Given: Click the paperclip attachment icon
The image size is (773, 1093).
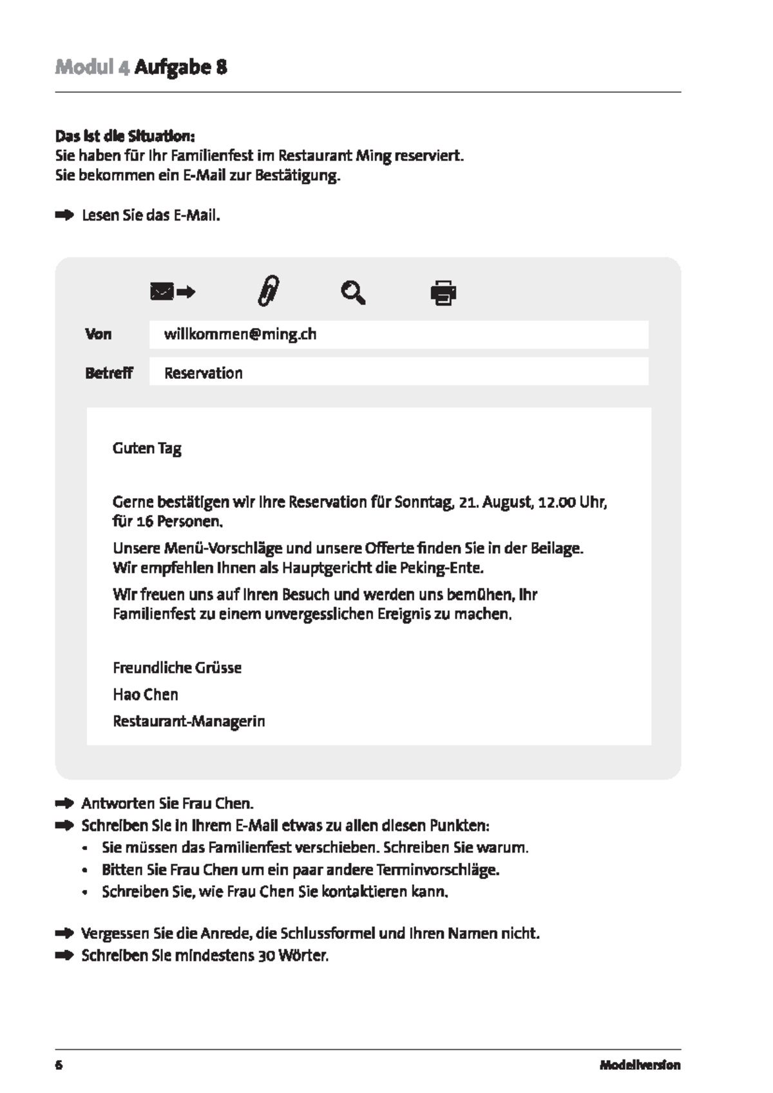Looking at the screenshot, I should [268, 291].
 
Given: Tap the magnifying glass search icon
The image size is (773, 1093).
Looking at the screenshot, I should [353, 293].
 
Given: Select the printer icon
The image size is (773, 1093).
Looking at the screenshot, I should [443, 293].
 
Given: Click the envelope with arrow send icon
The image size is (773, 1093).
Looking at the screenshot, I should [173, 293].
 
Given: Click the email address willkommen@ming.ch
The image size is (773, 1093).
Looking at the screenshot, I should [240, 334].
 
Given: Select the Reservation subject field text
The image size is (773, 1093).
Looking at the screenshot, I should [204, 373].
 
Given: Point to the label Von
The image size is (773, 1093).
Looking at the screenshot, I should [98, 334].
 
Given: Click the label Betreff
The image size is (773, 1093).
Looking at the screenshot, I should [109, 373].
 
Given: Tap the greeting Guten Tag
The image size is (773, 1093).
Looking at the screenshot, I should [147, 449].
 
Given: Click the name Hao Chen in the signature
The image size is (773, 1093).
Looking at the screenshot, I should [146, 695].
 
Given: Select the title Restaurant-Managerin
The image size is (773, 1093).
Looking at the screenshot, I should [189, 721].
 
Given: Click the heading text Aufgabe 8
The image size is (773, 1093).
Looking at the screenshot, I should [180, 67].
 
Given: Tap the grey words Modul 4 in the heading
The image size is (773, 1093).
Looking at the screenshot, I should [92, 67].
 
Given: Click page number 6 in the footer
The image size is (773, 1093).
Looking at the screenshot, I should [59, 1065].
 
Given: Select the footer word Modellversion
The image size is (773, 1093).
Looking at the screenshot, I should [640, 1065].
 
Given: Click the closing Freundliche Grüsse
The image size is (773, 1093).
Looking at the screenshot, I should [177, 668].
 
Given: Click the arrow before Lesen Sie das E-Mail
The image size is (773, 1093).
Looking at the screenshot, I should [64, 215].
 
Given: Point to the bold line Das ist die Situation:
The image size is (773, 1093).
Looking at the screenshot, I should [125, 137].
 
